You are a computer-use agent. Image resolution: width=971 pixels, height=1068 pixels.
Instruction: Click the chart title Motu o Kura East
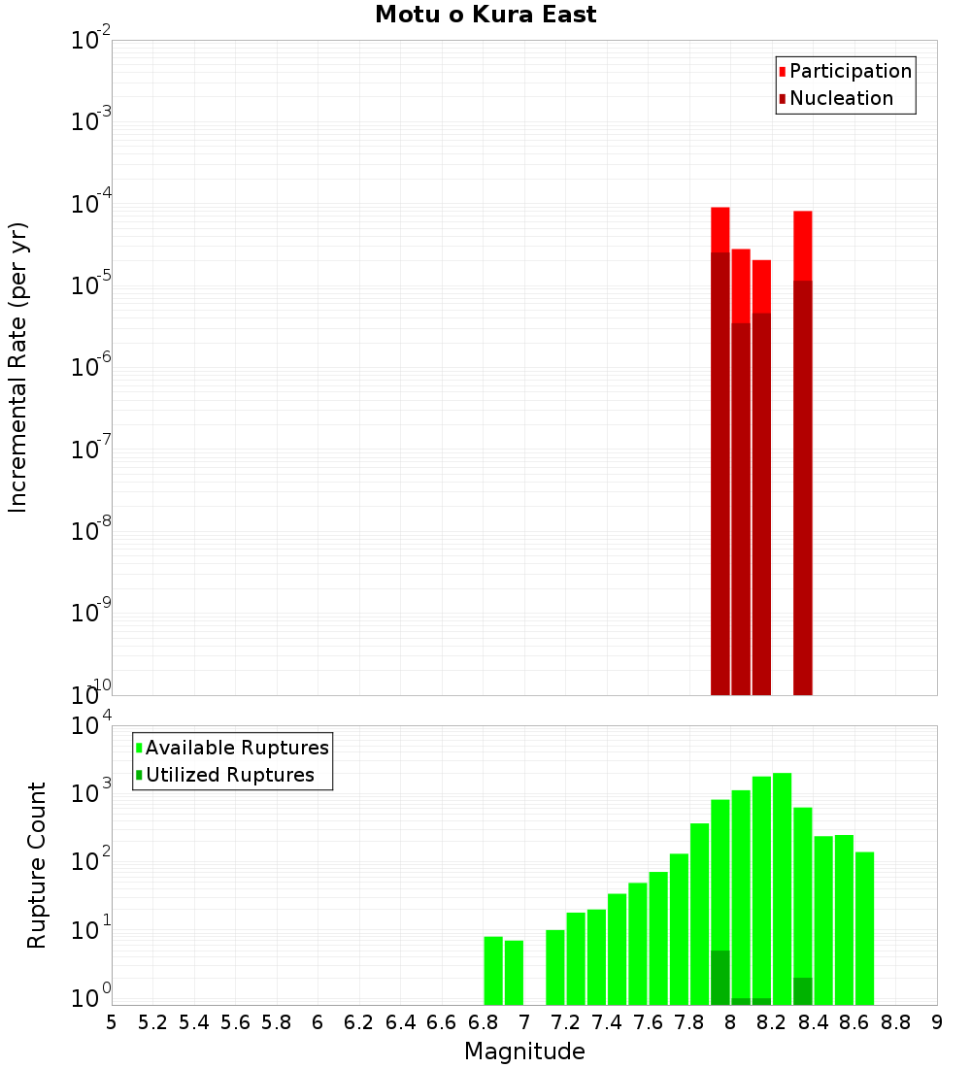coord(485,16)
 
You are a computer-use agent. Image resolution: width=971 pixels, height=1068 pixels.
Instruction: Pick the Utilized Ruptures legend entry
coord(229,776)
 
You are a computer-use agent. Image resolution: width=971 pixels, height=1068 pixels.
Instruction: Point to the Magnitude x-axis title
coord(524,1051)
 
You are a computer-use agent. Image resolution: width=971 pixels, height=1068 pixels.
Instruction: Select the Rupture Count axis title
coord(37,865)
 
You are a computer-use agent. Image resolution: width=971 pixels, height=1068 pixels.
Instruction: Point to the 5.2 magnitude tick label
coord(152,1022)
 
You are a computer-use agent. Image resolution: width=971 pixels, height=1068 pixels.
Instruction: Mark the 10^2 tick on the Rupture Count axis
coord(92,862)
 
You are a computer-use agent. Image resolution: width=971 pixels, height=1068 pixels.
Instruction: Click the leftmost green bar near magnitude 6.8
coord(493,971)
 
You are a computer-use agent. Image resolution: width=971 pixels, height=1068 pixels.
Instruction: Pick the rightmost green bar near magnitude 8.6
coord(864,928)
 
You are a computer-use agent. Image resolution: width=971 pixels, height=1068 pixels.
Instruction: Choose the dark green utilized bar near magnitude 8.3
coord(802,991)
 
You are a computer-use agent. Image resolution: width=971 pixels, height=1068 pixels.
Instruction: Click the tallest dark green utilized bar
coord(720,978)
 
